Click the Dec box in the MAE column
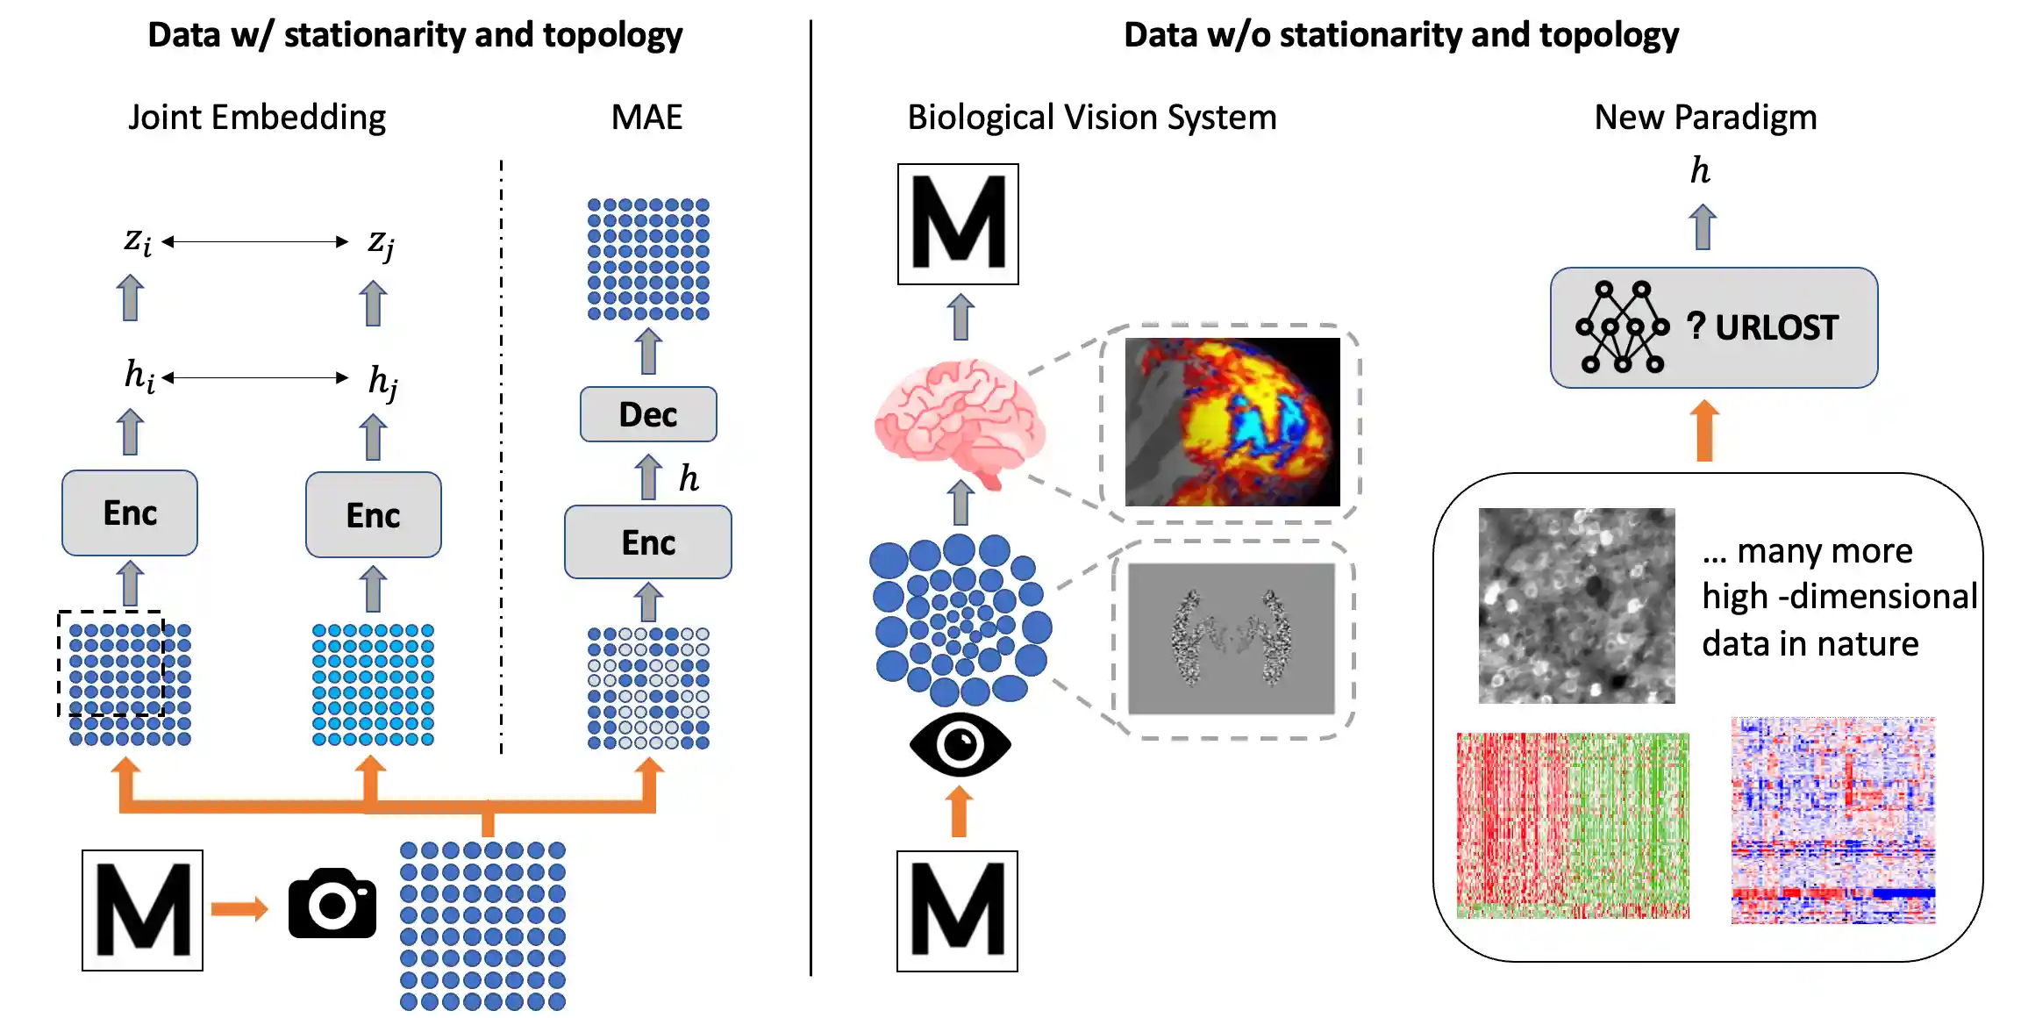(x=648, y=414)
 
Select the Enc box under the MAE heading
(x=648, y=542)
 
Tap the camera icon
(x=332, y=904)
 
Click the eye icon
(x=960, y=745)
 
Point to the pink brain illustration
(x=959, y=421)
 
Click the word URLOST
(x=1776, y=327)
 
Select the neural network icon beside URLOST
(x=1622, y=327)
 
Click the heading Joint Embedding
(x=257, y=118)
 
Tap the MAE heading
(x=646, y=118)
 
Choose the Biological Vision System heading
(x=1092, y=118)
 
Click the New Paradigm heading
(x=1705, y=118)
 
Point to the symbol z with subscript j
(x=381, y=242)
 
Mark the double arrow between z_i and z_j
(x=255, y=241)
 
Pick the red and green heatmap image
(x=1573, y=825)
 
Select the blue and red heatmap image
(x=1833, y=821)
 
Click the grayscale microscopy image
(x=1576, y=606)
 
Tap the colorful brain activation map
(x=1232, y=422)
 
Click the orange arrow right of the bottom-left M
(x=239, y=908)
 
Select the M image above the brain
(x=958, y=224)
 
